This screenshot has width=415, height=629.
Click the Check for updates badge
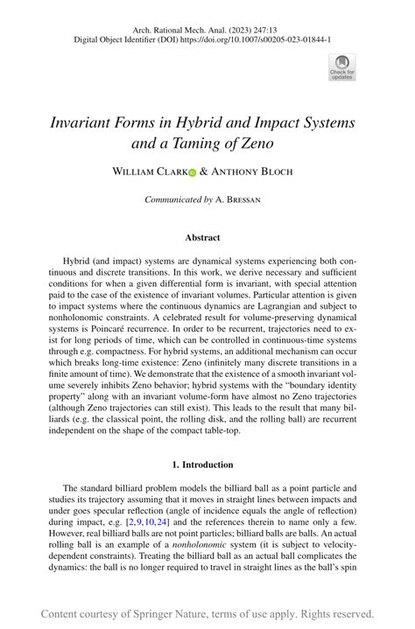pyautogui.click(x=341, y=66)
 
